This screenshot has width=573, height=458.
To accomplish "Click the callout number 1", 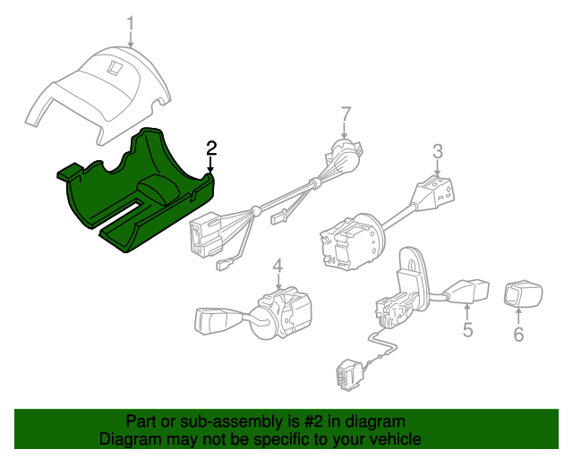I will [131, 21].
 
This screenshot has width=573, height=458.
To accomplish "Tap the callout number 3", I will [437, 152].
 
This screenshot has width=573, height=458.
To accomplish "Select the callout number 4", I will [278, 266].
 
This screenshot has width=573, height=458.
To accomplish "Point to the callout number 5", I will [467, 331].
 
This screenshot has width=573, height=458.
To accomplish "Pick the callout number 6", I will [517, 335].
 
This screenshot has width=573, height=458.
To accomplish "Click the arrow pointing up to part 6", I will [517, 315].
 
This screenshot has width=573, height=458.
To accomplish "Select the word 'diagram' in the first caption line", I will [373, 421].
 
